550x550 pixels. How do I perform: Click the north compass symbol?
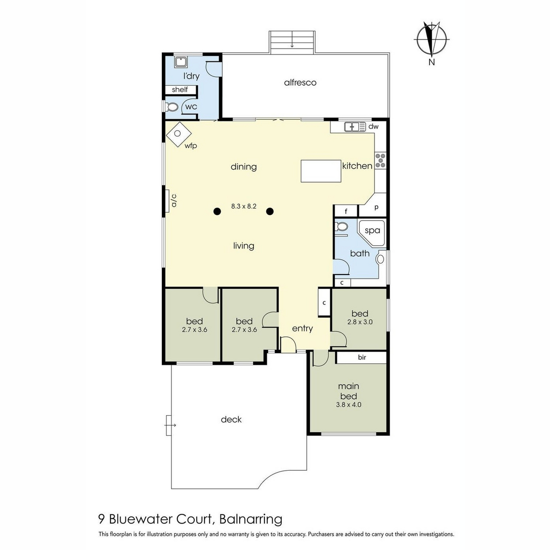click(432, 39)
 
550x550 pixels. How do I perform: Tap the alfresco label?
click(300, 83)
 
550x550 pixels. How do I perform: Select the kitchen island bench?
click(321, 171)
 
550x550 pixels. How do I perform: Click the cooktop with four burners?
click(380, 160)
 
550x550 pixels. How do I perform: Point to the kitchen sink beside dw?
click(355, 126)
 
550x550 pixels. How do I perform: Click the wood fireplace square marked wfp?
click(179, 134)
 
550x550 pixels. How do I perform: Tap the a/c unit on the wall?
click(166, 201)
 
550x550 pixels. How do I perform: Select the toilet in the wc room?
click(171, 107)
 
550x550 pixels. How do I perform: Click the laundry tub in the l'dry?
click(181, 62)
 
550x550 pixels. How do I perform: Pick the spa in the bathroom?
click(372, 233)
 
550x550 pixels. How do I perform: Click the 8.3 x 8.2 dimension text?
click(244, 206)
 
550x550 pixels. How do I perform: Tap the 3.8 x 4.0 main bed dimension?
click(348, 405)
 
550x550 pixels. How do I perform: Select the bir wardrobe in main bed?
click(361, 357)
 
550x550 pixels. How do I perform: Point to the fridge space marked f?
click(346, 211)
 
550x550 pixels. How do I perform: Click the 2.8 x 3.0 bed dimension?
click(360, 322)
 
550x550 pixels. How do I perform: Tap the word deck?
click(231, 419)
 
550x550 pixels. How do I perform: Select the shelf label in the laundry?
click(180, 90)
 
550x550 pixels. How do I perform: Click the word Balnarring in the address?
click(251, 519)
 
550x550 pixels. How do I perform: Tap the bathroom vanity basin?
click(380, 259)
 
